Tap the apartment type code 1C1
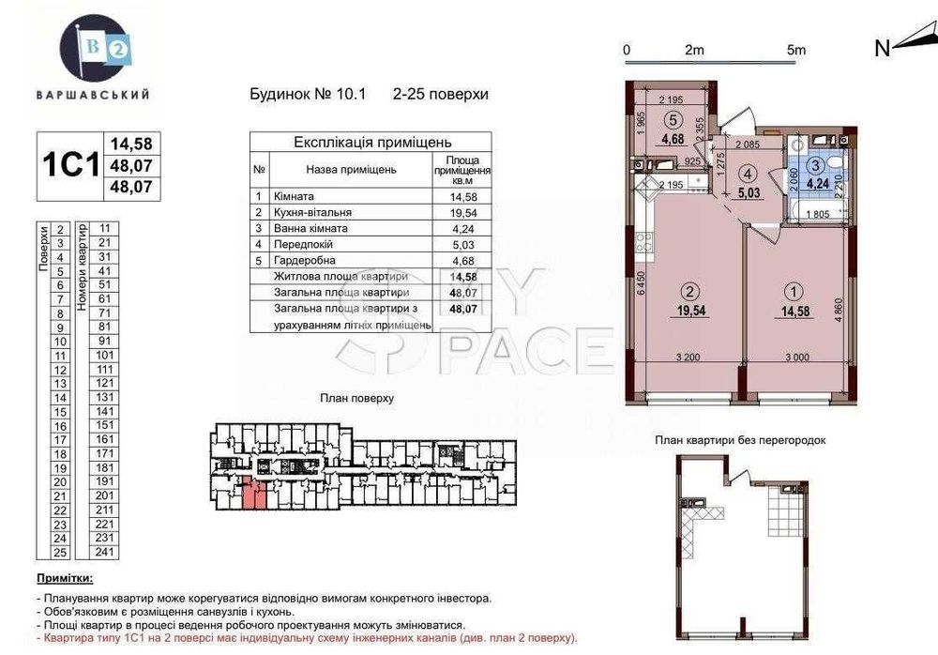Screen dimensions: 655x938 click(x=70, y=166)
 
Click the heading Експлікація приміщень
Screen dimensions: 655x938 click(x=361, y=143)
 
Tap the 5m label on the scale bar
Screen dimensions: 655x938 click(x=796, y=50)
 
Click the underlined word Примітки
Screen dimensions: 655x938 click(x=65, y=580)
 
